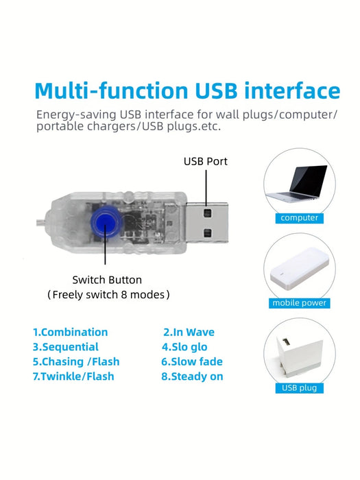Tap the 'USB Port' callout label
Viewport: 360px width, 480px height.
coord(206,161)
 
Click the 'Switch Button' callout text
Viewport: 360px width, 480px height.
coord(107,280)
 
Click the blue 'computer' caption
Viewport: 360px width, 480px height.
coord(300,217)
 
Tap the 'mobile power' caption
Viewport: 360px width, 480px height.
coord(300,303)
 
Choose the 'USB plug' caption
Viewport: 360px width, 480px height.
coord(300,388)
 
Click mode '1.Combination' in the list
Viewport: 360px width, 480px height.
coord(71,332)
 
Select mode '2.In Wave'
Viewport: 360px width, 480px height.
coord(189,332)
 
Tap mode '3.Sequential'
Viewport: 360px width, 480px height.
coord(66,347)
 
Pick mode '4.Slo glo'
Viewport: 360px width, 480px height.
coord(184,347)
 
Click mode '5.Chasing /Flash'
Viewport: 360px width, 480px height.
coord(76,361)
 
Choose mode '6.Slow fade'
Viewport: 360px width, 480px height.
coord(192,361)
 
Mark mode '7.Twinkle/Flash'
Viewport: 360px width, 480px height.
coord(73,376)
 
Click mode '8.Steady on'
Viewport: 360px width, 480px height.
coord(192,376)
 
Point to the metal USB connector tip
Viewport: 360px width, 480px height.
coord(207,222)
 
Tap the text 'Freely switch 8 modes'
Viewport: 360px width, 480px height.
coord(108,294)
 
